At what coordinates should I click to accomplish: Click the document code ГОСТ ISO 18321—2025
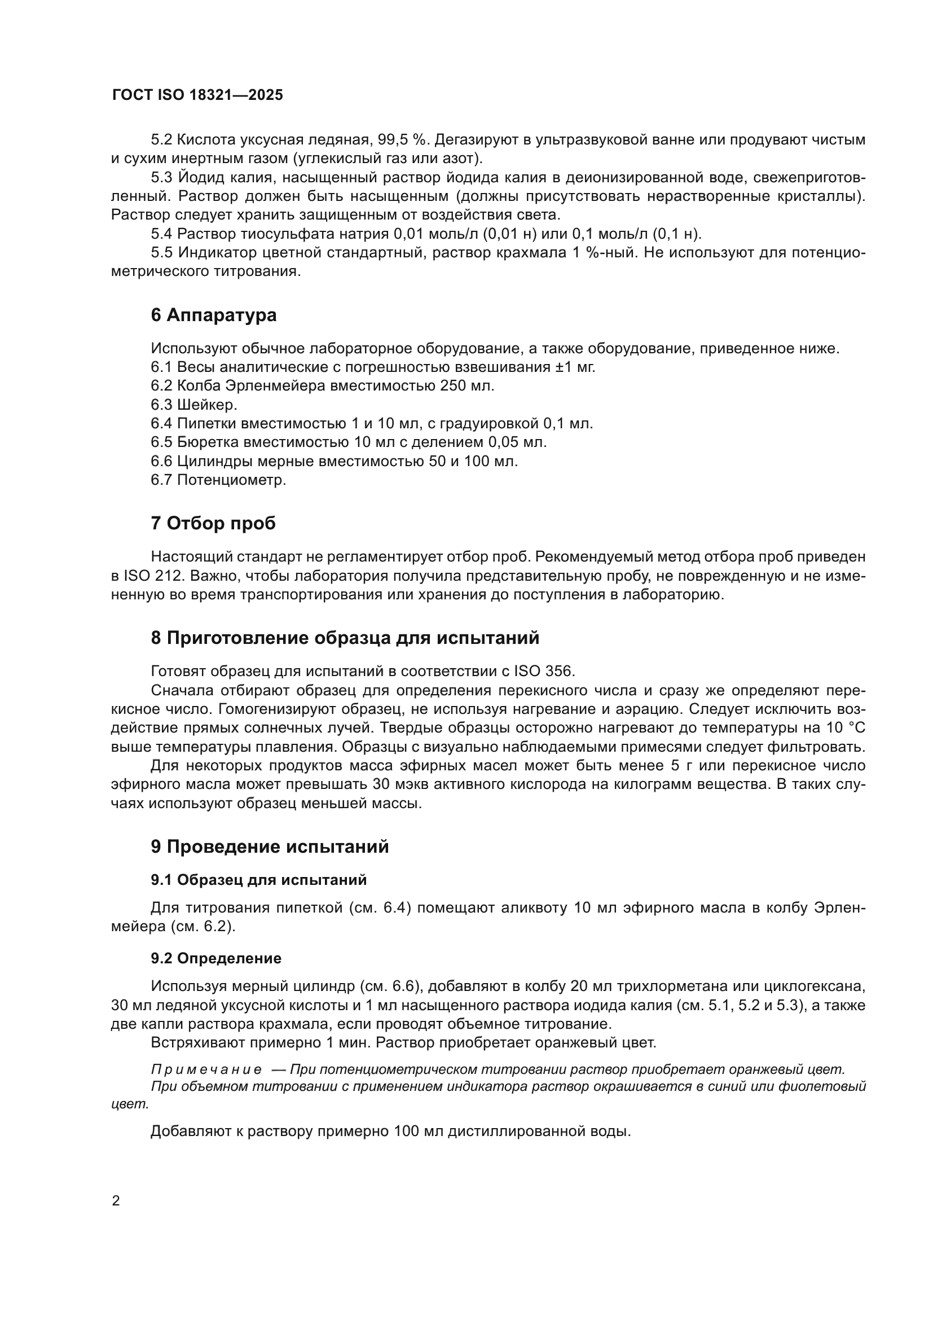click(x=197, y=95)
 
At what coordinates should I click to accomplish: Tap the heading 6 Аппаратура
click(x=214, y=315)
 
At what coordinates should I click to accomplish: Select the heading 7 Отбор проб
click(x=213, y=523)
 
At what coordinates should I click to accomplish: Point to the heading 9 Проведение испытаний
click(x=270, y=847)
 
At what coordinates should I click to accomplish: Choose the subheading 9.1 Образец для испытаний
click(x=258, y=880)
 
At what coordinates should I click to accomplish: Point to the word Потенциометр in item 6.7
click(x=231, y=480)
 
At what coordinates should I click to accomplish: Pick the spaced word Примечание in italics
click(x=206, y=1069)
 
